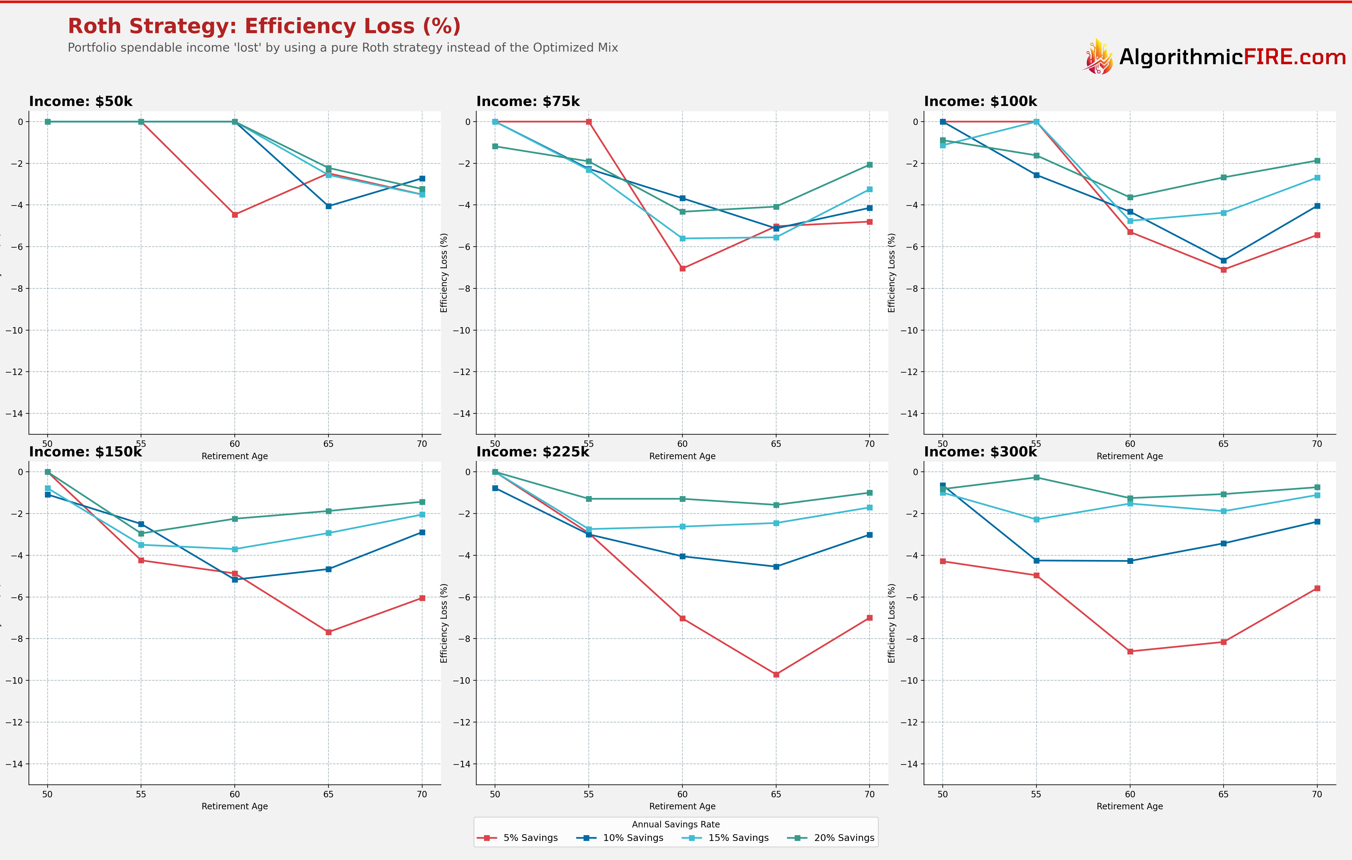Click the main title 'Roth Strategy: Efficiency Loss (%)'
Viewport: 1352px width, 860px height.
pos(264,26)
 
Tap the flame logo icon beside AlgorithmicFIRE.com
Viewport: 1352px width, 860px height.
pos(1098,57)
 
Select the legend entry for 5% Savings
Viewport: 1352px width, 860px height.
pos(518,838)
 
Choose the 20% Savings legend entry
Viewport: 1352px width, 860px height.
pos(833,838)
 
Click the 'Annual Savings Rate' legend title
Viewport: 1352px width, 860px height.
pos(675,824)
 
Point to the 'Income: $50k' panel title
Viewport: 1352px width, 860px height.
pos(81,102)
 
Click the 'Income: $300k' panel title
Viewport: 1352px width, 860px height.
pos(980,452)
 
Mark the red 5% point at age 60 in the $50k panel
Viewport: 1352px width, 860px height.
pos(235,214)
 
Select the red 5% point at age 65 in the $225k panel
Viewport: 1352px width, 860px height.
pos(776,674)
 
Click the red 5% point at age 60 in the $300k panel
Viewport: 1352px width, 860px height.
pos(1130,651)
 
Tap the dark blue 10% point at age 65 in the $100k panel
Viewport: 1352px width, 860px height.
pos(1224,260)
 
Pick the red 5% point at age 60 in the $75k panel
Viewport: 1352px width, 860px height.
pos(682,268)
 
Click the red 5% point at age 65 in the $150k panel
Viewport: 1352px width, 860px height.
pos(328,632)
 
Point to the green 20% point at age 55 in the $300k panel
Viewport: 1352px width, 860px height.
pos(1036,477)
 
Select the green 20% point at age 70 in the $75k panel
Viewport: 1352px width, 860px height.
pos(869,165)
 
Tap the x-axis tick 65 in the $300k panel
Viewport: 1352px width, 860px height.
pos(1224,794)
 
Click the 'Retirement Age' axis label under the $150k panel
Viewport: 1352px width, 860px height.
pos(235,806)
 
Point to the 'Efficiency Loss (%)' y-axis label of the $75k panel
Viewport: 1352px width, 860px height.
pos(444,273)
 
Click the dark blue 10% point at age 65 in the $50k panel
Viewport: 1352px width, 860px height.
pos(328,206)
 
